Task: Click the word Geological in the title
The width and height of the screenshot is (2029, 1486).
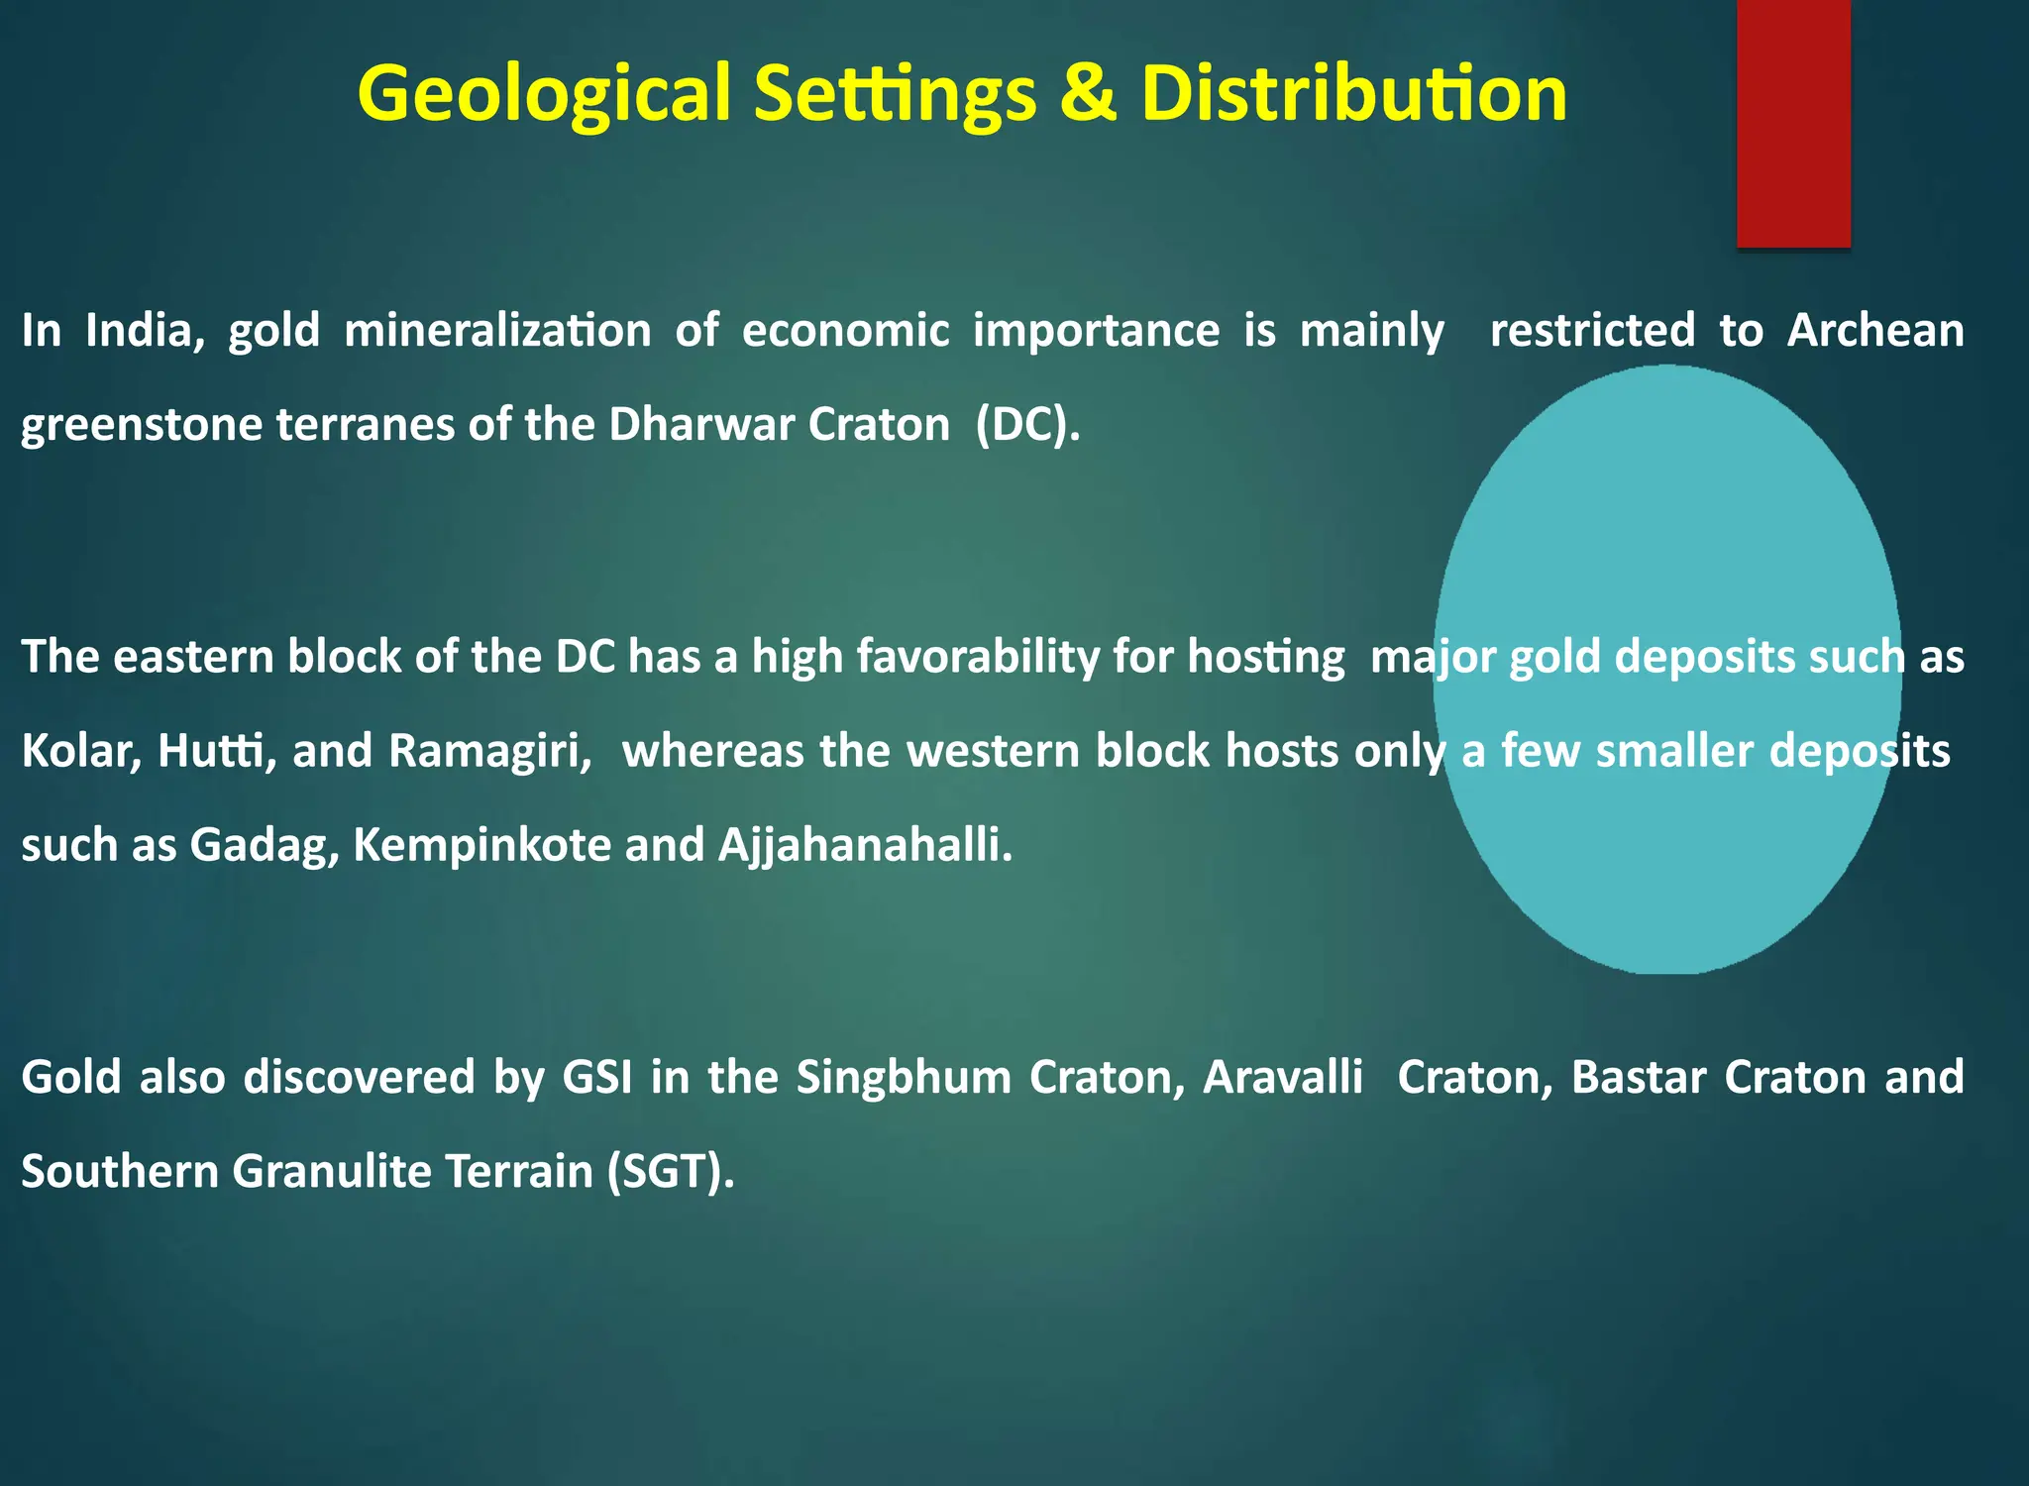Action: (x=543, y=94)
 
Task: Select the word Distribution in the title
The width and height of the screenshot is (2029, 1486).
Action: (x=1353, y=94)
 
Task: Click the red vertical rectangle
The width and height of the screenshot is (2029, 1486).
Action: (x=1793, y=123)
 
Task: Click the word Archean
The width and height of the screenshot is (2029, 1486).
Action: (x=1874, y=330)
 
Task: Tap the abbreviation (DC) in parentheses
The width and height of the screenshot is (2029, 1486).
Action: (x=1026, y=424)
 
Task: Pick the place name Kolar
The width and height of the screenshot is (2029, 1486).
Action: (x=81, y=751)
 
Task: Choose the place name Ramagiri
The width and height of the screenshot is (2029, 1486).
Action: (x=489, y=751)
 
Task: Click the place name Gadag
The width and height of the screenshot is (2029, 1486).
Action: (x=265, y=845)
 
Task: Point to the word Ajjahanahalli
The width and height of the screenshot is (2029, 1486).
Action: (x=865, y=845)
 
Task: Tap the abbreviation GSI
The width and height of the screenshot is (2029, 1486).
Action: (x=597, y=1077)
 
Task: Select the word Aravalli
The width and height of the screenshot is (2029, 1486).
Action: (x=1283, y=1077)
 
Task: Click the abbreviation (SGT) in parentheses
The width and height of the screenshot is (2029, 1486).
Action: (x=671, y=1171)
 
